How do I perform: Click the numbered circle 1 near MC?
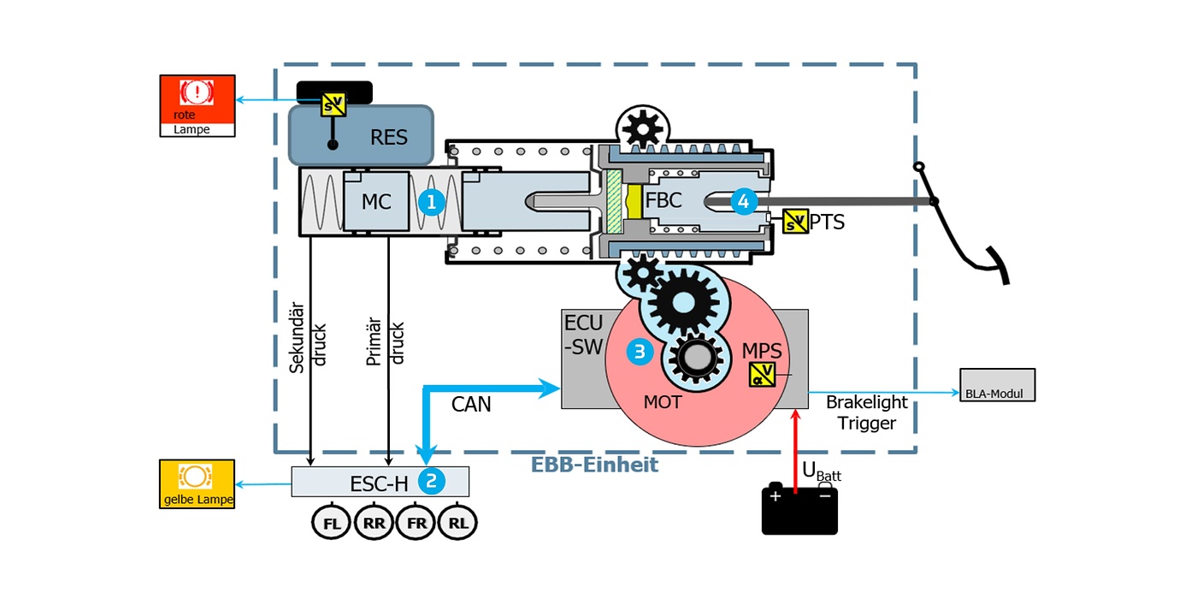tap(432, 202)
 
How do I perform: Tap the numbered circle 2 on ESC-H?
tap(432, 481)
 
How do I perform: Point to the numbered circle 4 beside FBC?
tap(744, 202)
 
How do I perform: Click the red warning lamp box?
tap(197, 104)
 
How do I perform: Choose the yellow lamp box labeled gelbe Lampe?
tap(197, 484)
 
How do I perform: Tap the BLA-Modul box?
tap(997, 385)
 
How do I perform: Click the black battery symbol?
tap(799, 511)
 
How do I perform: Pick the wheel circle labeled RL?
tap(457, 524)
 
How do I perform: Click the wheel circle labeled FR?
tap(416, 524)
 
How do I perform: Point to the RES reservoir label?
tap(389, 137)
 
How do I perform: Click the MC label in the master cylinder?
tap(376, 202)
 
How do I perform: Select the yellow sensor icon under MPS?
tap(762, 375)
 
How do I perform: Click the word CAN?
tap(471, 404)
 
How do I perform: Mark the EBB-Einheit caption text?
tap(594, 466)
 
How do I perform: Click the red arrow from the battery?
tap(796, 449)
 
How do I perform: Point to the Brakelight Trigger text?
tap(867, 412)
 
